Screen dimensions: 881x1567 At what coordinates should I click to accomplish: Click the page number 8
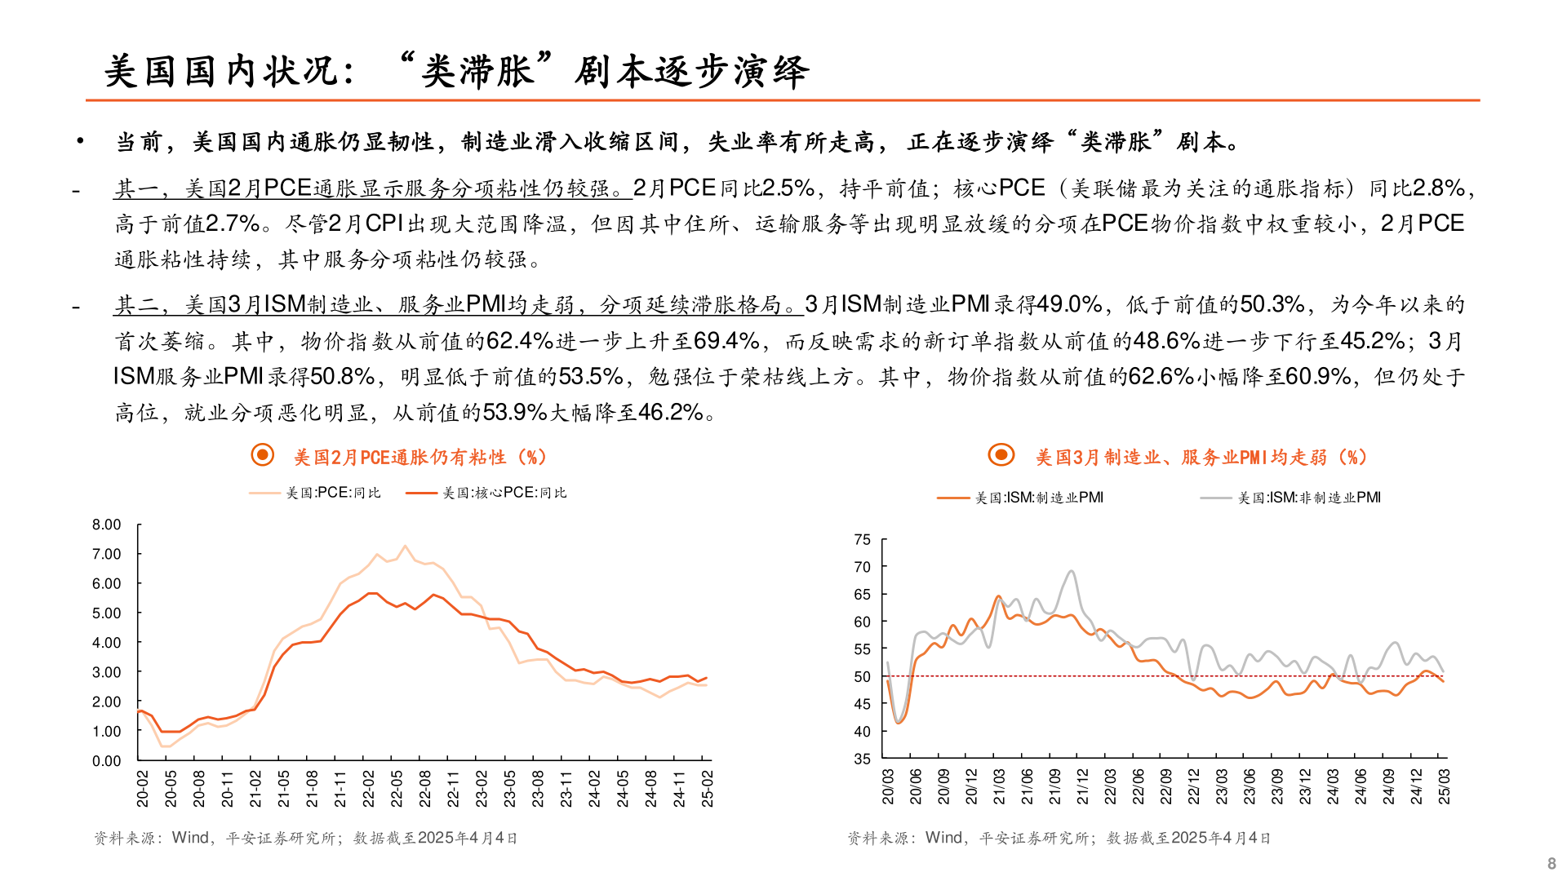coord(1551,864)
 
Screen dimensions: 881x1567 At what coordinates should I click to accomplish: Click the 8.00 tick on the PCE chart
coord(106,525)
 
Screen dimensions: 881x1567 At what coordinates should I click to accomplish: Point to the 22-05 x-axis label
coord(397,789)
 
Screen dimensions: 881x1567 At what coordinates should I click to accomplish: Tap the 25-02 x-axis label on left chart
coord(707,789)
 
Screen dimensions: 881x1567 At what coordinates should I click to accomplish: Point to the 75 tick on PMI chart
coord(862,540)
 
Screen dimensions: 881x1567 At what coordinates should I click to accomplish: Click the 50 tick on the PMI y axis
coord(862,677)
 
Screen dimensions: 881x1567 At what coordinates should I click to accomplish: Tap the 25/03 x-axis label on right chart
coord(1444,786)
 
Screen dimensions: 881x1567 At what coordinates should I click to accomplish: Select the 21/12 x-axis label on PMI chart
coord(1082,786)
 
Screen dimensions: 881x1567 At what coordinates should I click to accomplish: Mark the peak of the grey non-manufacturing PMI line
coord(1072,571)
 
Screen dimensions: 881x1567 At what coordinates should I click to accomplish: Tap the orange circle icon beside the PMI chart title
coord(1001,455)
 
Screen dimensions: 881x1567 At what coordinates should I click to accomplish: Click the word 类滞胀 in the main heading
coord(477,71)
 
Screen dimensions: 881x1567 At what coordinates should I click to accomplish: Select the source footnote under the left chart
coord(306,838)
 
